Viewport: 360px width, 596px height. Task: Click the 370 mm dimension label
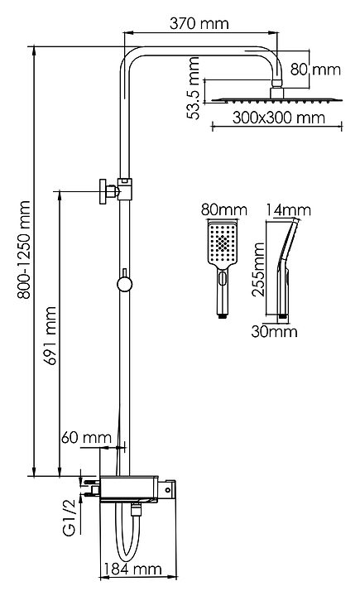199,23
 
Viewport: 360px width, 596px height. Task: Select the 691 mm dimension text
50,335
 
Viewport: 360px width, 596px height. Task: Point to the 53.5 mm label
194,88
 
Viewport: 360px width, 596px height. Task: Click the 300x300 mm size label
279,118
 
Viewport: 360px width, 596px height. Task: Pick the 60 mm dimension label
86,438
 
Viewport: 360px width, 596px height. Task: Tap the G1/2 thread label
70,519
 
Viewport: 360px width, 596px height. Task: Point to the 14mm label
288,209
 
